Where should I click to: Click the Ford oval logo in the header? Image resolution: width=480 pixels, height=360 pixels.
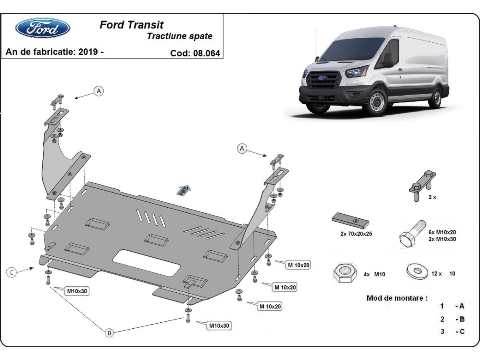(43, 28)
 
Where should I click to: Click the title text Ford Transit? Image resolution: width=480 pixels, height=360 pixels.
(131, 25)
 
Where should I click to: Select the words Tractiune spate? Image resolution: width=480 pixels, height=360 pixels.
(180, 36)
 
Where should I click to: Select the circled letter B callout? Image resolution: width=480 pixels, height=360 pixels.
(109, 332)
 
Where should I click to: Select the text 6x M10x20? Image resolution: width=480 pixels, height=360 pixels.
(442, 232)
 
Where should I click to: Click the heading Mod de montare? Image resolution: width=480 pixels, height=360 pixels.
(397, 298)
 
